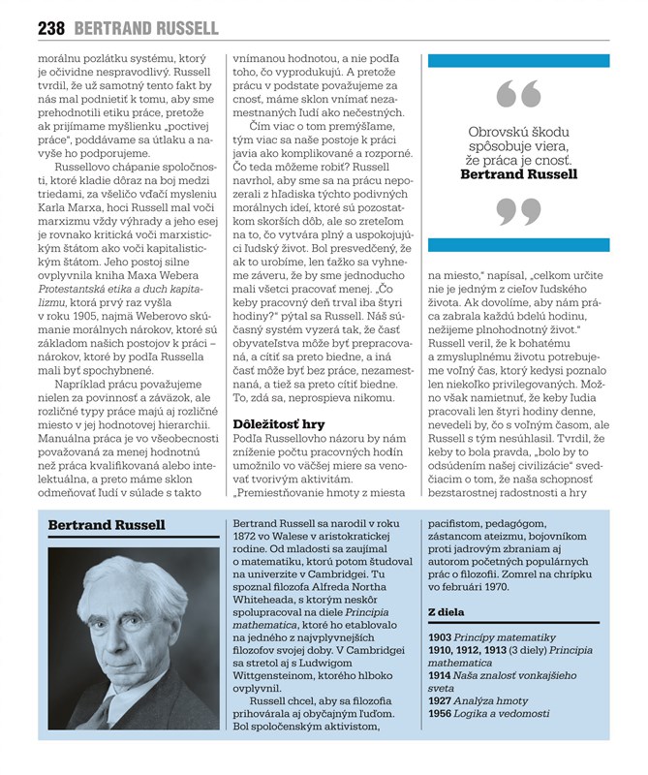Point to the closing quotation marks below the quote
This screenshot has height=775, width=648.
click(x=517, y=211)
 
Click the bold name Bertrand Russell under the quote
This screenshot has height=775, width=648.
click(x=518, y=175)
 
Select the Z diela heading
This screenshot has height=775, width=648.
click(x=447, y=611)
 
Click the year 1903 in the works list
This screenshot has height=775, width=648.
click(x=441, y=636)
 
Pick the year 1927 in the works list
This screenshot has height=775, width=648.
click(x=441, y=700)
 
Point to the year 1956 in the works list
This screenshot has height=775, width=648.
click(x=441, y=713)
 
